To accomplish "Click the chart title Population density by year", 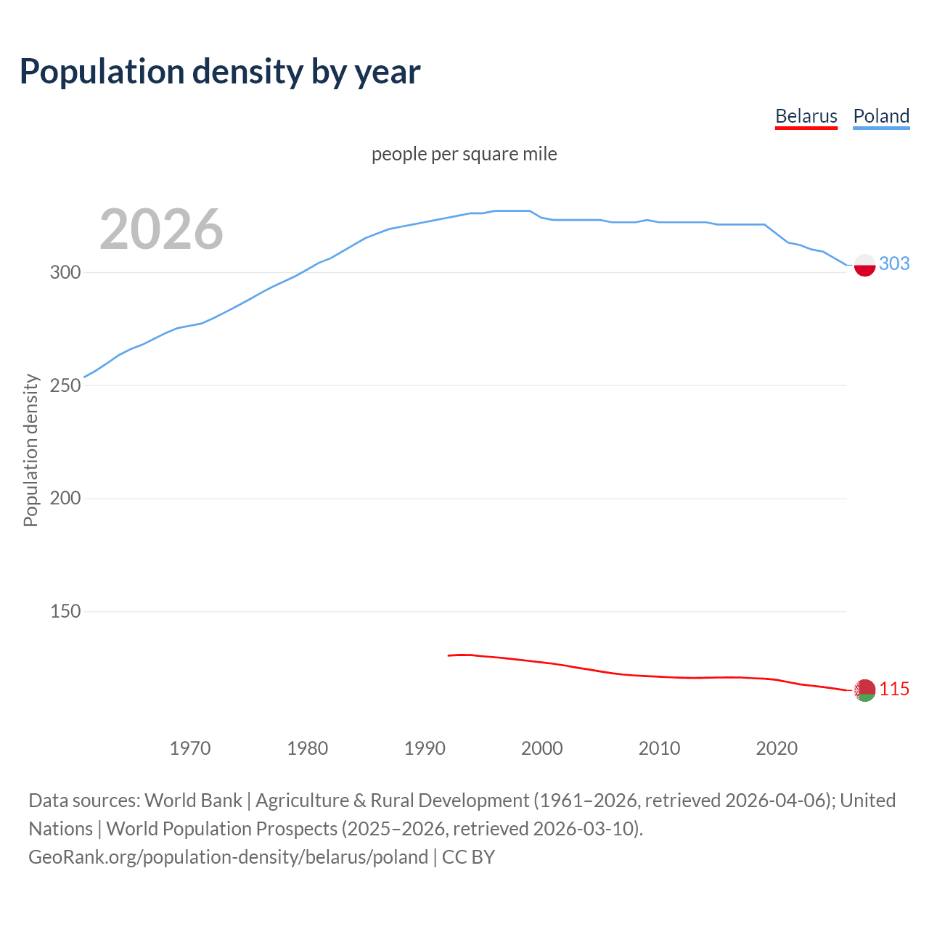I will (220, 72).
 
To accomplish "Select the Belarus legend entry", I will (806, 116).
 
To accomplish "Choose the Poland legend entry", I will (881, 116).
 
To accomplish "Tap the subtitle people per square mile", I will (464, 154).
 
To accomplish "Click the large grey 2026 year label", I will (161, 229).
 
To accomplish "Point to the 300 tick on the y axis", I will (65, 273).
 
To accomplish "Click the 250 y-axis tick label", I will (65, 385).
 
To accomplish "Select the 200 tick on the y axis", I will (65, 499).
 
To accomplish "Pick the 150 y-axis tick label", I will (65, 612).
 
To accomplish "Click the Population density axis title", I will (30, 450).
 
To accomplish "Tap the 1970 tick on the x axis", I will (190, 748).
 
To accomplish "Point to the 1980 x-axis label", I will (308, 748).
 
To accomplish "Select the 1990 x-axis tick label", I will (425, 748).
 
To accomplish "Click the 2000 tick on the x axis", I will (542, 748).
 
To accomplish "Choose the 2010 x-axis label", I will (659, 748).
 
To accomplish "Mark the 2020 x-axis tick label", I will (777, 748).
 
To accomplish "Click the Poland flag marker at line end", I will (864, 266).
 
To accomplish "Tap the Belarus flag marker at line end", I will (864, 690).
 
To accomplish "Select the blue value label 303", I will (894, 264).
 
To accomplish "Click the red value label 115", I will (894, 689).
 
